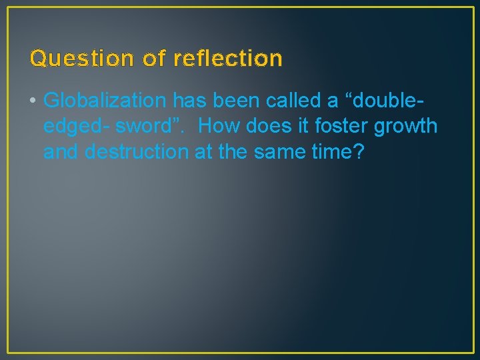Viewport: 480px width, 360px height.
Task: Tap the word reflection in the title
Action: click(x=228, y=59)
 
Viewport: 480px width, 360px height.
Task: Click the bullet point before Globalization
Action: click(x=33, y=101)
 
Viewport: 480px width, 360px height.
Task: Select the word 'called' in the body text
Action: click(x=292, y=101)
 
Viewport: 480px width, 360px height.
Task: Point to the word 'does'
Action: click(x=267, y=126)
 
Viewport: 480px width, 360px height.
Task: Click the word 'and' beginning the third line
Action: click(x=61, y=151)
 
